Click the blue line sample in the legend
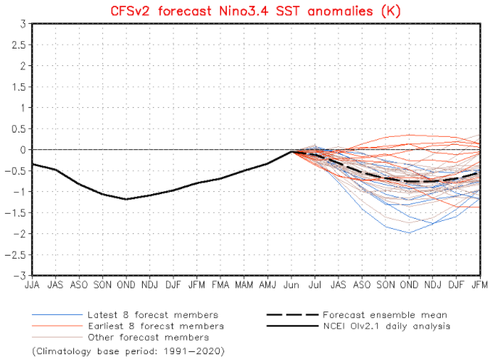[55, 315]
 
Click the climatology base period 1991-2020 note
[128, 351]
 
